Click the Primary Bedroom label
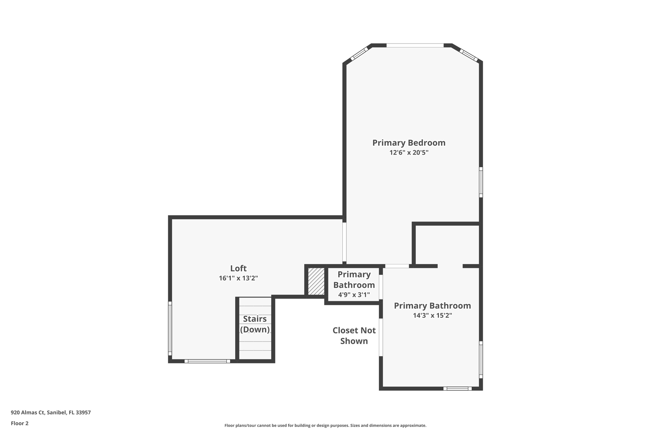409,143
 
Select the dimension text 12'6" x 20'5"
409,153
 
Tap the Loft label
238,268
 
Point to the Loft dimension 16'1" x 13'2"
238,278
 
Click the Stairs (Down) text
255,324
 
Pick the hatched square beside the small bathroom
316,281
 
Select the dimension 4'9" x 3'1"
354,295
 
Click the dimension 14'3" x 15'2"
432,315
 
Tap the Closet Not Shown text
354,335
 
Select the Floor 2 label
20,423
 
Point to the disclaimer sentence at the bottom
325,425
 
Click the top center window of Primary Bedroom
415,45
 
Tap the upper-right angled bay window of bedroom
469,55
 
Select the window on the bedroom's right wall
481,182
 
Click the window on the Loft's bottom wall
207,361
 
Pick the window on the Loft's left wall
170,328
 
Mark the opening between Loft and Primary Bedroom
344,242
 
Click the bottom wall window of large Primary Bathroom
457,389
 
